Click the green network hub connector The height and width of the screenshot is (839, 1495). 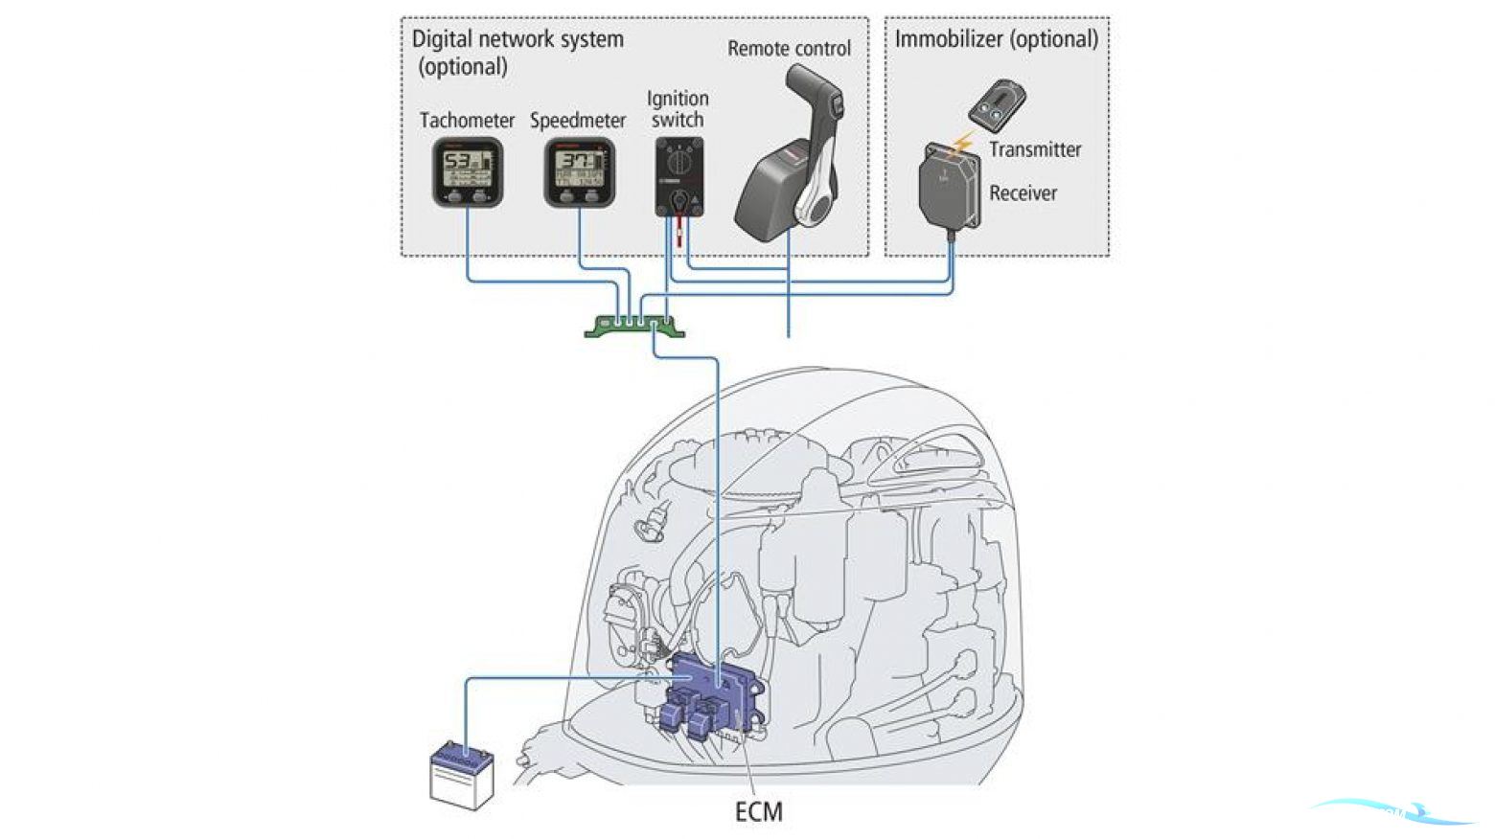[x=634, y=327]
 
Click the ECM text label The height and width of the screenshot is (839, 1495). [x=759, y=812]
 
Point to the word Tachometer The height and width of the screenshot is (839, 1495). [x=467, y=121]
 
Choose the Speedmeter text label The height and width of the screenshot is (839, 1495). [x=578, y=121]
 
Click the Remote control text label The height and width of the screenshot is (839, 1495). [x=789, y=49]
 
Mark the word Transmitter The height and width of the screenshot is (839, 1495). [x=1035, y=149]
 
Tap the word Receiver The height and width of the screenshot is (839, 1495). [x=1023, y=193]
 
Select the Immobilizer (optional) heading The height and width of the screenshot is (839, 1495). [x=996, y=39]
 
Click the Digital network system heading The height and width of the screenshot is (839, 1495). [x=517, y=40]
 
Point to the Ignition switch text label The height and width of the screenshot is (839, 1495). [x=678, y=109]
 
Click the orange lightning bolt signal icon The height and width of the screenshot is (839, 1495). [x=962, y=145]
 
